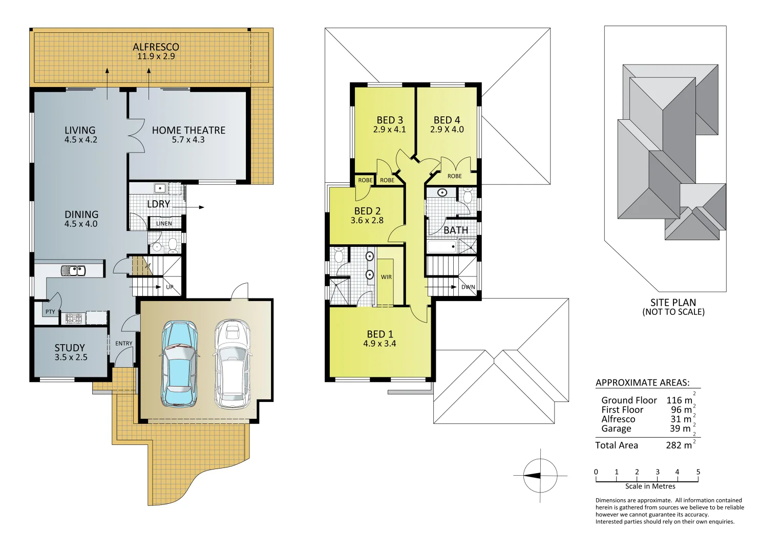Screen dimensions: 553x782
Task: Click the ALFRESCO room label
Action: point(156,47)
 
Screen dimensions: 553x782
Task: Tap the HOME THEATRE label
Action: point(188,131)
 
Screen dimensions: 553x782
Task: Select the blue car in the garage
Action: point(179,364)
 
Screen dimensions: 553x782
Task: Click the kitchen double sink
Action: point(73,270)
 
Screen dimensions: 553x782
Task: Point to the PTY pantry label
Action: point(50,312)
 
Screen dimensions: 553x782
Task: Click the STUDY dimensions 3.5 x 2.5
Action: point(71,357)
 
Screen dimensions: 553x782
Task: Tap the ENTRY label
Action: point(123,344)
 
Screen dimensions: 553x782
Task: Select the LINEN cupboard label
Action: point(164,224)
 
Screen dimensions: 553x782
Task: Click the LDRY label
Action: point(158,204)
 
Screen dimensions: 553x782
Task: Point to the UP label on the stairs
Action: point(170,287)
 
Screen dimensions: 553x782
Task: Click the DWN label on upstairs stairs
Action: point(468,287)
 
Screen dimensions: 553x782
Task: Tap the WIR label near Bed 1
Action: point(386,277)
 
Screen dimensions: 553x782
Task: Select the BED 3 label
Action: point(390,120)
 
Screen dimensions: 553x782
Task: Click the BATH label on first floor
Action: point(456,230)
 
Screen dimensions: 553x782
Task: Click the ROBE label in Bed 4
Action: point(454,176)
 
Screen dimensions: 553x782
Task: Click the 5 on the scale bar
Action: point(698,472)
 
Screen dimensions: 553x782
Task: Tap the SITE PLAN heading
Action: point(673,303)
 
